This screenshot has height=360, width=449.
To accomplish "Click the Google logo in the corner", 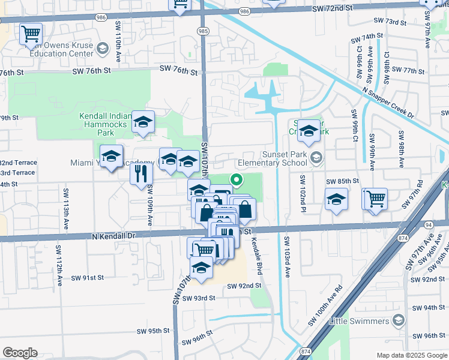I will coord(20,353).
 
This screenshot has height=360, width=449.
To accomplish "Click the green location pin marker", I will coord(237,179).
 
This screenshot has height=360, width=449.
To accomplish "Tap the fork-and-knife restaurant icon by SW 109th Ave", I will coord(141,174).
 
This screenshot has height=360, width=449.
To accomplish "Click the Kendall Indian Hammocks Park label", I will coord(105,121).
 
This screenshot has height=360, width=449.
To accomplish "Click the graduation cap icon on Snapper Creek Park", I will coord(309,131).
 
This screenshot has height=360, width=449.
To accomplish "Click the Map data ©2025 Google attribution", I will coord(411,355).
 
